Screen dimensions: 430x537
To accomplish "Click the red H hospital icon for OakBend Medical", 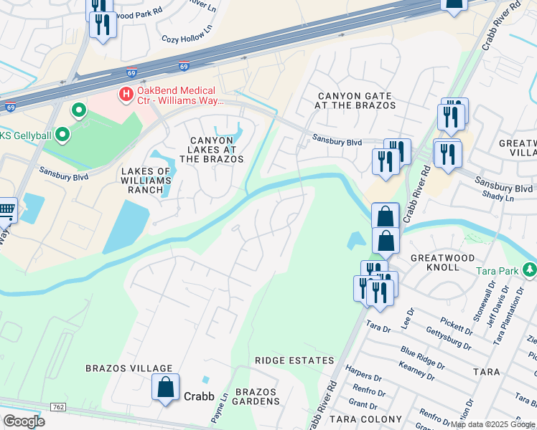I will coord(126,93).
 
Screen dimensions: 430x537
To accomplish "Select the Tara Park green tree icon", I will coord(530,270).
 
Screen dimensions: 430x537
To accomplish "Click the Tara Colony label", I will coord(365,419).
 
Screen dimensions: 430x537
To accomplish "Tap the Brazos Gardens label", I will coord(256,396).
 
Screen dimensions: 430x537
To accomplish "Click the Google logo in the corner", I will coord(24,421).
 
